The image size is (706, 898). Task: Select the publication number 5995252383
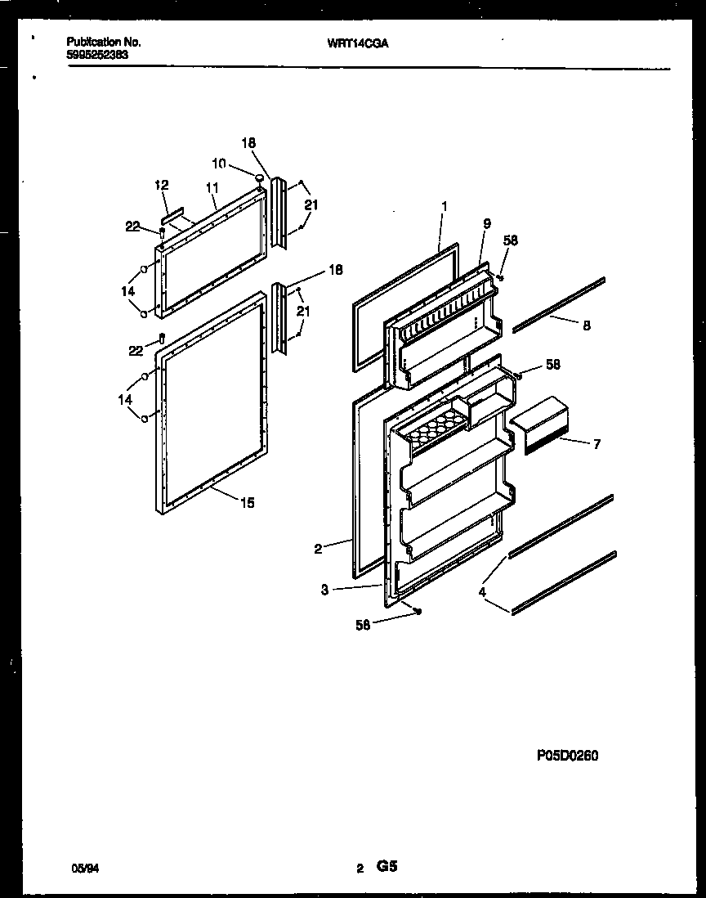point(97,54)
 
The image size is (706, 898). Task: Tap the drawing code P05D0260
point(567,756)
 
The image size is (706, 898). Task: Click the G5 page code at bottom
point(387,867)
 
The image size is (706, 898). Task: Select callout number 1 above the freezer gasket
point(443,208)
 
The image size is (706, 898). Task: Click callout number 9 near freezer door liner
point(486,223)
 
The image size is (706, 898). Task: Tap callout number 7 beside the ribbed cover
point(597,444)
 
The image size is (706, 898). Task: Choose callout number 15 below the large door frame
point(247,503)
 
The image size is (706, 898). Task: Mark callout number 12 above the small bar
point(161,186)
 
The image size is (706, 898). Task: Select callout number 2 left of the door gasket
point(318,549)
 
